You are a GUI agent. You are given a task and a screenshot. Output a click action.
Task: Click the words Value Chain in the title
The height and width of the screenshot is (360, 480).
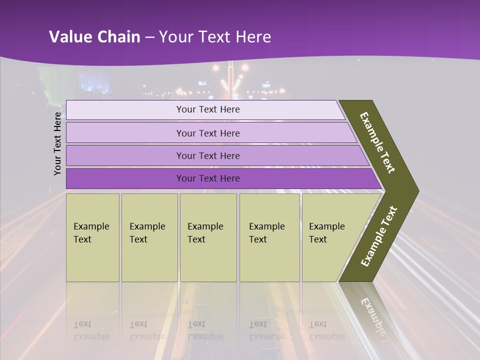[94, 37]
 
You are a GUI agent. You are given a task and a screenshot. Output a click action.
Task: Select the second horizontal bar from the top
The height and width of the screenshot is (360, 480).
[208, 133]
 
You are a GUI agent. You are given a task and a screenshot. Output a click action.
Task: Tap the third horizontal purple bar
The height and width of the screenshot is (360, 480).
[208, 155]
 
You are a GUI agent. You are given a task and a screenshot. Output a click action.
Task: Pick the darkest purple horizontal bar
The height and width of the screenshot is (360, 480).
[208, 178]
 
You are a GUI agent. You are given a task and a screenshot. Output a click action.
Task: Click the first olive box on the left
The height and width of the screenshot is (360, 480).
[92, 237]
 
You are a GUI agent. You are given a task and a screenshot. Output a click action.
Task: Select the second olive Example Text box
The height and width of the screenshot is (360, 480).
[149, 237]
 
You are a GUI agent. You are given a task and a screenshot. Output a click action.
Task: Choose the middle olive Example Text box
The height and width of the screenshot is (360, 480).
[208, 237]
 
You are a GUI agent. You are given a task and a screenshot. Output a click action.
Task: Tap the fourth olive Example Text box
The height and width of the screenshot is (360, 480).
[269, 237]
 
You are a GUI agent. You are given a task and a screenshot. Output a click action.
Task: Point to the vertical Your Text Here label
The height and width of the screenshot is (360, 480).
[57, 144]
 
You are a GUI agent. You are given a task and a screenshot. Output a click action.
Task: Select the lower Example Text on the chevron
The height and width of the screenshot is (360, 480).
[379, 236]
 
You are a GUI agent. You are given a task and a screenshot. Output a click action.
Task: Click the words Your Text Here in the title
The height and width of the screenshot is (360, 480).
[215, 37]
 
